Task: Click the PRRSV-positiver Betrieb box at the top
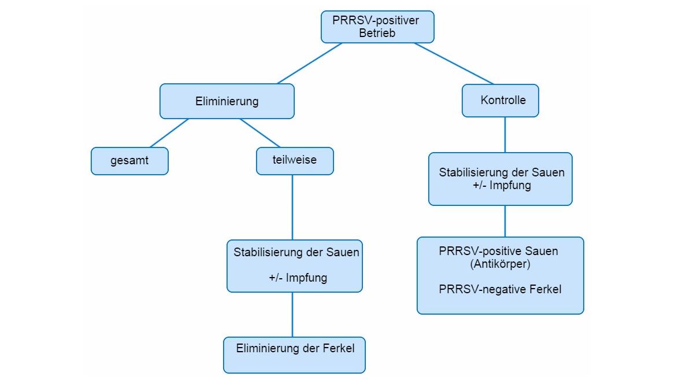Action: point(377,27)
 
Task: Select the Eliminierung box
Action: point(227,101)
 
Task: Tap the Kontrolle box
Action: point(500,101)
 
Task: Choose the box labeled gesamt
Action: point(129,161)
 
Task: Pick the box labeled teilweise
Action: point(295,161)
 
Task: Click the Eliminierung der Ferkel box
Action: point(295,355)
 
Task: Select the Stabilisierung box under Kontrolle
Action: point(500,179)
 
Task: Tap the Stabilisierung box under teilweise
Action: point(295,266)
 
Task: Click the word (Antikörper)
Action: point(500,264)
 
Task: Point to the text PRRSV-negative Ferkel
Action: point(500,289)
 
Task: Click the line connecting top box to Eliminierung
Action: point(309,63)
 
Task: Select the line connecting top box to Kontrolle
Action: point(454,63)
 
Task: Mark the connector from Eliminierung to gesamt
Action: point(169,133)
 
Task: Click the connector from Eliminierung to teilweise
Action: point(260,133)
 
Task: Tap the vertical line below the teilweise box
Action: point(292,207)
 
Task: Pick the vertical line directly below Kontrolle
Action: point(505,135)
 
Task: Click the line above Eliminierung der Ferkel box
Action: point(292,315)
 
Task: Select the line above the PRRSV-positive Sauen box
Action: point(505,221)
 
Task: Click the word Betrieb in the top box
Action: point(377,34)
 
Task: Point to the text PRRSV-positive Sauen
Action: point(498,252)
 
